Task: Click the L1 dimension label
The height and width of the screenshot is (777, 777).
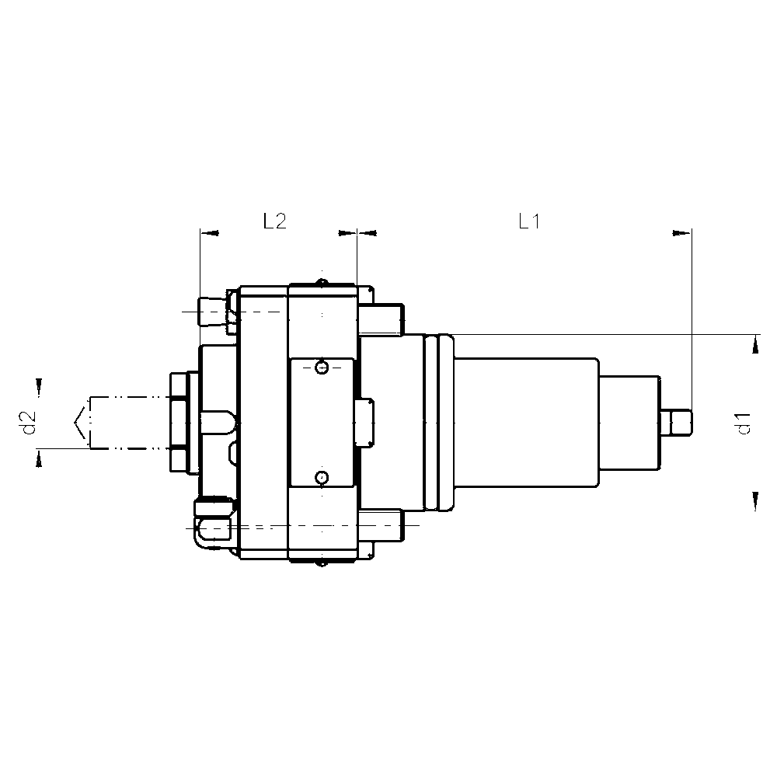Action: click(x=529, y=222)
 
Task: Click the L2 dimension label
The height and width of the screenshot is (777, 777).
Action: click(x=274, y=222)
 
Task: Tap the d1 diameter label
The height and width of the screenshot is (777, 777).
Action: click(x=744, y=423)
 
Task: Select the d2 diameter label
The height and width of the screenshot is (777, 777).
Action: click(x=29, y=423)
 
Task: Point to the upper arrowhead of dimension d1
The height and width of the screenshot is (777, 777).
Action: click(x=754, y=343)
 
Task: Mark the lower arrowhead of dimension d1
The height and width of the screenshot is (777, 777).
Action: click(x=754, y=501)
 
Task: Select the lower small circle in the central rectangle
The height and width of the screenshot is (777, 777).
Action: click(x=322, y=476)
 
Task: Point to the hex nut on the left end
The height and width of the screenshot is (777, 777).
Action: click(x=179, y=421)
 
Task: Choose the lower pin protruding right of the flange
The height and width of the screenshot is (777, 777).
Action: click(x=382, y=525)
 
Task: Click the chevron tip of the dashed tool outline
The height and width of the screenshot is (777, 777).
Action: click(x=75, y=422)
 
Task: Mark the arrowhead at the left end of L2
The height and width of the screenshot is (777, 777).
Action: click(x=210, y=232)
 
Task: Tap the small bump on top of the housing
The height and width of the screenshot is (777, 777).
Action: click(x=322, y=281)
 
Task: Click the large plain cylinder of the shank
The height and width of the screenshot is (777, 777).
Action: click(x=526, y=423)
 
